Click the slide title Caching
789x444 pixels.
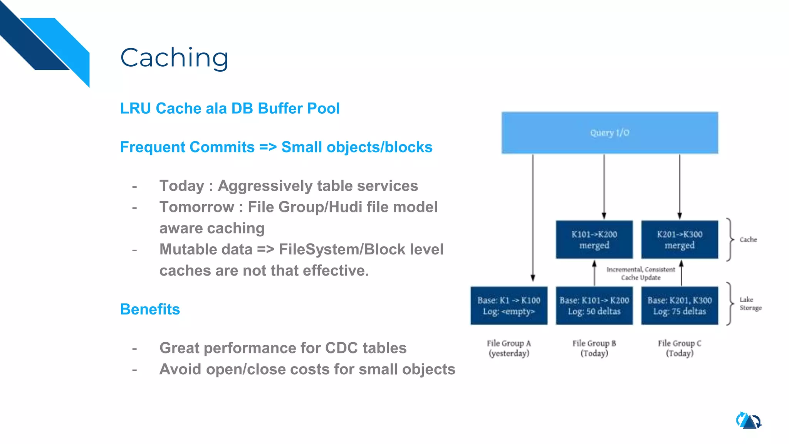[x=174, y=58]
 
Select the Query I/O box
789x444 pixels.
[x=609, y=133]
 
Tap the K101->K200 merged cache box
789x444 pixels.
[x=594, y=239]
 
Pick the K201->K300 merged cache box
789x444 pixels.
[x=680, y=239]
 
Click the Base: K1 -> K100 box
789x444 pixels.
[x=509, y=306]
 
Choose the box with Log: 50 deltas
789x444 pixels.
[x=594, y=306]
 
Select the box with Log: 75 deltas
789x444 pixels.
[x=680, y=306]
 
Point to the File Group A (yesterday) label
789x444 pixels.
[x=509, y=348]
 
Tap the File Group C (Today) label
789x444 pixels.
[x=680, y=348]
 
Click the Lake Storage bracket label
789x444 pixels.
[x=750, y=303]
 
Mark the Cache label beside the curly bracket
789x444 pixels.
[x=748, y=239]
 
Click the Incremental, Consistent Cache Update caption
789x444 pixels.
[x=640, y=273]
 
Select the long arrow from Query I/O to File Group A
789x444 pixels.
[x=533, y=216]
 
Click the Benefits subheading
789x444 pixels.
[x=150, y=309]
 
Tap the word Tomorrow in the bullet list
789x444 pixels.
[x=197, y=207]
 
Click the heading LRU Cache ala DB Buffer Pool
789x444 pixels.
[x=230, y=108]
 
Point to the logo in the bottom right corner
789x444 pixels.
[x=749, y=420]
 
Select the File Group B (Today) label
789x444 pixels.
[x=594, y=348]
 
